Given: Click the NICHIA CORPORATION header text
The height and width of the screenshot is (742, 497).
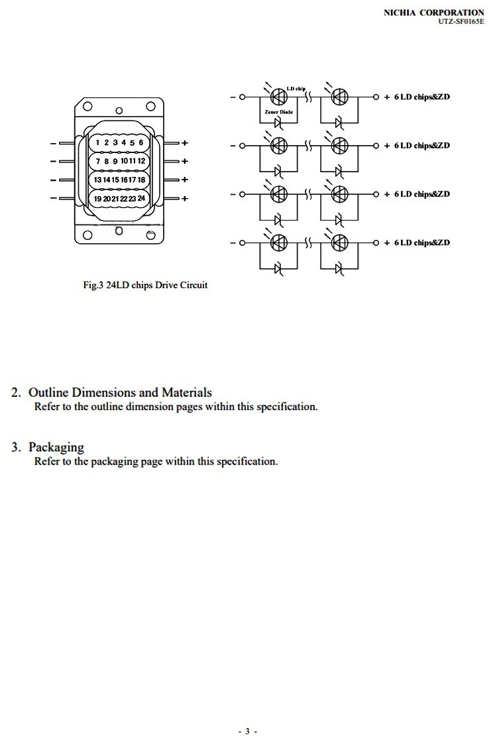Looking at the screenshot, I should point(434,12).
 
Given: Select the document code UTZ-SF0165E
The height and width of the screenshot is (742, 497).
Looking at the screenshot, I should point(461,21).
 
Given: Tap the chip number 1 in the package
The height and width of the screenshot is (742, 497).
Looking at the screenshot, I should point(97,142).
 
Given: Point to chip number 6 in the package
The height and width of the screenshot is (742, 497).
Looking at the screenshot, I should point(140,142).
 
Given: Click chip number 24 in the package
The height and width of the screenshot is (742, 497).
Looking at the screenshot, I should point(141,198).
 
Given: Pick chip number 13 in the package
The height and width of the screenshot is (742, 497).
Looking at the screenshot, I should point(97,180).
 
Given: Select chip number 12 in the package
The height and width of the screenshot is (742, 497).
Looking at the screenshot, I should point(141,161).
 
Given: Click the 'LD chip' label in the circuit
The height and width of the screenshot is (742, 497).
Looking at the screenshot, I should point(296,89).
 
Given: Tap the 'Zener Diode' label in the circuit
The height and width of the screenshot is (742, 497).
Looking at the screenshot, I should point(278,112).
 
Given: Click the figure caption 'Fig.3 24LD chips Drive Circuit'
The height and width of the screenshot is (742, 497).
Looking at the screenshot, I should point(145,285).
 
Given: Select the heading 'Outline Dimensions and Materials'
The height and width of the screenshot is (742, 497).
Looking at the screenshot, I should point(120,392).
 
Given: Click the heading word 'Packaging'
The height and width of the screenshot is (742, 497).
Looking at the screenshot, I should point(56,447).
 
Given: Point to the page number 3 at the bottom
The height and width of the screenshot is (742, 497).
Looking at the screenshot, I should point(247,731).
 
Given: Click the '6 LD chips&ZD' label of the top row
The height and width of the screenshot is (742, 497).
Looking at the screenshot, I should point(421,97).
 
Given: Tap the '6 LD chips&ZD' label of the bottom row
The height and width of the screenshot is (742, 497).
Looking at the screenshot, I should point(421,242).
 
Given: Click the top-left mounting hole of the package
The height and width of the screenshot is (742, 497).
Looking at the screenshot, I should point(86,106).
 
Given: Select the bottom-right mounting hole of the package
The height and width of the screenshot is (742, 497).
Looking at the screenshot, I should point(151,235).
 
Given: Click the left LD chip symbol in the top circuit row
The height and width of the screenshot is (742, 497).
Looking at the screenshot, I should point(279,97).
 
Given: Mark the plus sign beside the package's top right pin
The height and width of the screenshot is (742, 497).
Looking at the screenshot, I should point(185,142).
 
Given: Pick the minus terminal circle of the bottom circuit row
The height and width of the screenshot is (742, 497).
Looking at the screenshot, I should point(242,242).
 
